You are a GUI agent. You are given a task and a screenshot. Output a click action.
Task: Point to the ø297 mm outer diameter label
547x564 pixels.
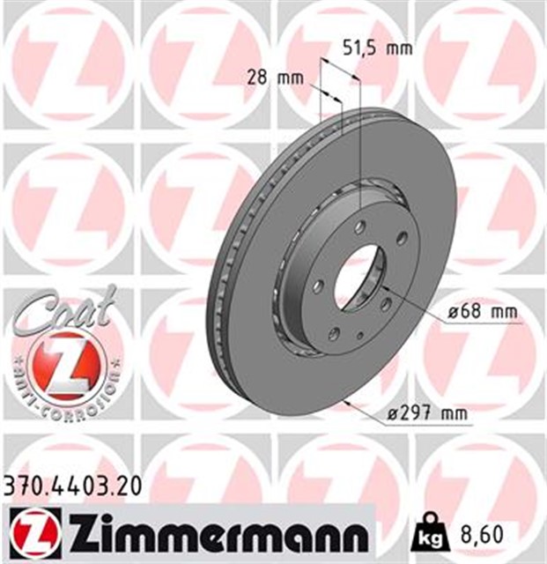click(430, 412)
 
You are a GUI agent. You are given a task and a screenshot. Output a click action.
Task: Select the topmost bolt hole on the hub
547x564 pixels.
click(359, 227)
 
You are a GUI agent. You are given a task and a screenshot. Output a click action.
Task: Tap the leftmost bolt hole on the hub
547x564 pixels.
click(319, 286)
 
